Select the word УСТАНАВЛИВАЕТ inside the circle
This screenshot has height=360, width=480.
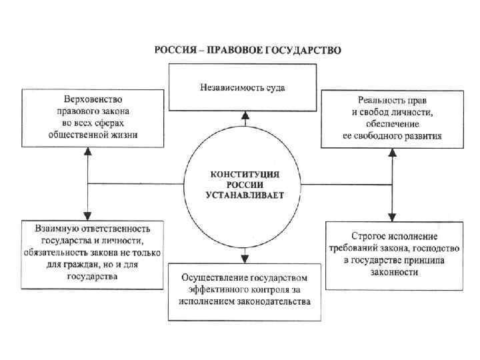(244, 196)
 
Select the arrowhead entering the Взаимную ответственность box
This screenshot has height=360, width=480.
(87, 215)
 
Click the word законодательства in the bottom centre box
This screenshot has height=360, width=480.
(276, 301)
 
